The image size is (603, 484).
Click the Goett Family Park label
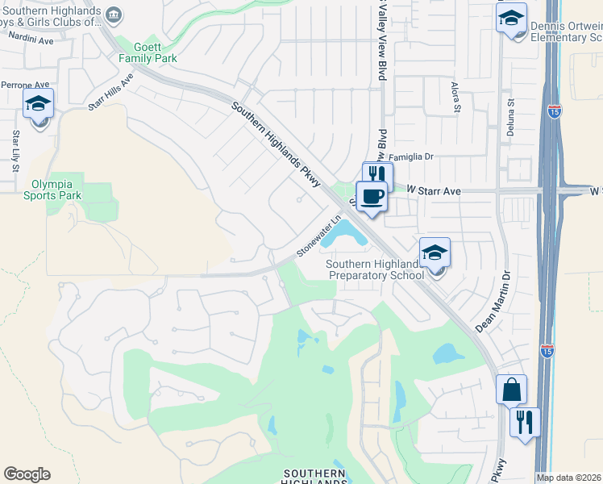tap(148, 53)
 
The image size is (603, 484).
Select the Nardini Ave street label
tap(31, 40)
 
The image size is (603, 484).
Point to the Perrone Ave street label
tap(25, 84)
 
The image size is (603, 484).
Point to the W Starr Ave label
tap(433, 190)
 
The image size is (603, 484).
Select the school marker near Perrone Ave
tap(38, 104)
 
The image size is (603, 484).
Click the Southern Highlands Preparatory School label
tap(376, 269)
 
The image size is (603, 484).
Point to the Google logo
tap(27, 474)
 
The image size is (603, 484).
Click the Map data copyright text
tap(568, 478)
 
